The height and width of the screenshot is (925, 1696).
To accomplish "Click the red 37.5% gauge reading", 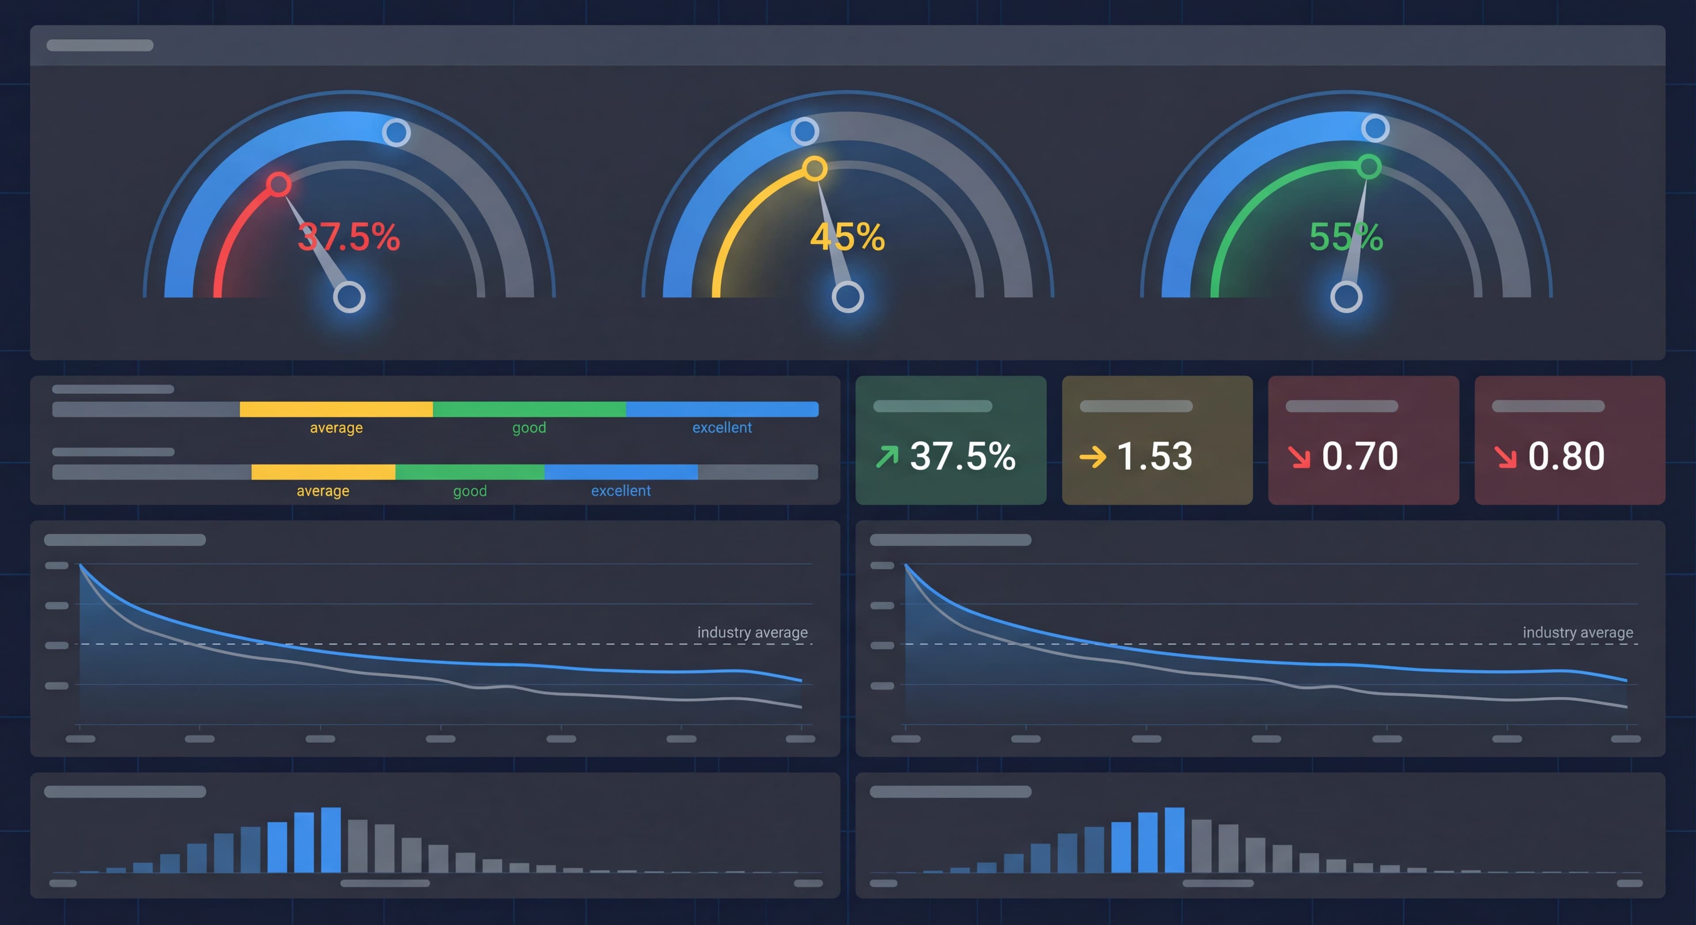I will pos(348,237).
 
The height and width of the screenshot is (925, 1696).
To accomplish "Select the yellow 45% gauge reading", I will pos(848,237).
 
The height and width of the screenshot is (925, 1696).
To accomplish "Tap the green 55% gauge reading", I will pos(1346,237).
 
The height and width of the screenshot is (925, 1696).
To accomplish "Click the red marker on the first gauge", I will pos(279,185).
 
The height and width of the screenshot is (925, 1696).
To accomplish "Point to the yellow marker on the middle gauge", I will pos(814,169).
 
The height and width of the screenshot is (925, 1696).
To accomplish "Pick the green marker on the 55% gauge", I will pos(1369,166).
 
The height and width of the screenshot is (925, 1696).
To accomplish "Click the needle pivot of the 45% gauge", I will pos(848,297).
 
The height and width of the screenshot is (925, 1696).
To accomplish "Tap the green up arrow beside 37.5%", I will pos(887,456).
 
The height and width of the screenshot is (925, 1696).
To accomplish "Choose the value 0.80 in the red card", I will pos(1566,456).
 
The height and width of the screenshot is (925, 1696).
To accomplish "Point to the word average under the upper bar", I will pos(337,428).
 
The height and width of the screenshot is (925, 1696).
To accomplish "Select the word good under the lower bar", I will pos(470,491).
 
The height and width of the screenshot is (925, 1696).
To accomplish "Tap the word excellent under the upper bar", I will pos(722,428).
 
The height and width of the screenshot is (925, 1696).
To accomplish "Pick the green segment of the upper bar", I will pos(530,409).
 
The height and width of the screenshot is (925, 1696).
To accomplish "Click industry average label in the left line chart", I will pos(752,633).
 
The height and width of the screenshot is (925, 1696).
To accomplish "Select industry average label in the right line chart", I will pos(1578,633).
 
